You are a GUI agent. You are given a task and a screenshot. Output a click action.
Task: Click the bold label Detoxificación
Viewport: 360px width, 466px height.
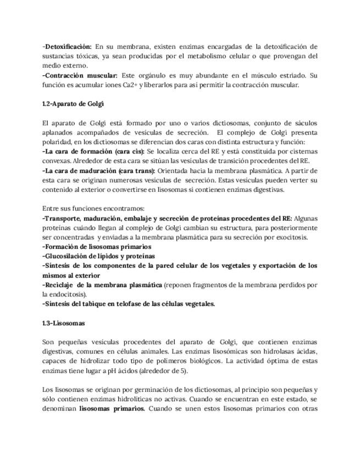68,47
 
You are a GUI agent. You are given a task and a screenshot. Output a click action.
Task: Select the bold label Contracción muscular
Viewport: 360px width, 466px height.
80,75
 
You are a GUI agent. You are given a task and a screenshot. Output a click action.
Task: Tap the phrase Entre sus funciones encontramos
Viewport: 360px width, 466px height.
93,208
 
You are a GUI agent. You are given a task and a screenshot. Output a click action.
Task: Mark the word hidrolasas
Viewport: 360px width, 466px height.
268,351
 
